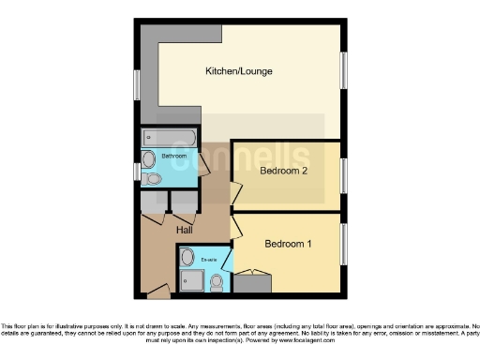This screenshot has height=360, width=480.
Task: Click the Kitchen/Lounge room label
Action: tap(234, 71)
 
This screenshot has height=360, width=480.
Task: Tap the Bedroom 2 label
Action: tap(283, 172)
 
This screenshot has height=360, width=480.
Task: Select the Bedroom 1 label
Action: tap(288, 245)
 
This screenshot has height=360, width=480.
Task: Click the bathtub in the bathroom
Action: tap(170, 138)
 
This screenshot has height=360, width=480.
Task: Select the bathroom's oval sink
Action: tap(149, 156)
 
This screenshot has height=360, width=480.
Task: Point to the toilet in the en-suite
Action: tap(217, 278)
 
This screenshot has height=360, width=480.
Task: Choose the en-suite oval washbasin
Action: tap(187, 256)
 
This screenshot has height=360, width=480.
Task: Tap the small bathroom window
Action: tap(137, 173)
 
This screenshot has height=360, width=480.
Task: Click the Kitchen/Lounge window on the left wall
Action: tap(137, 84)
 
